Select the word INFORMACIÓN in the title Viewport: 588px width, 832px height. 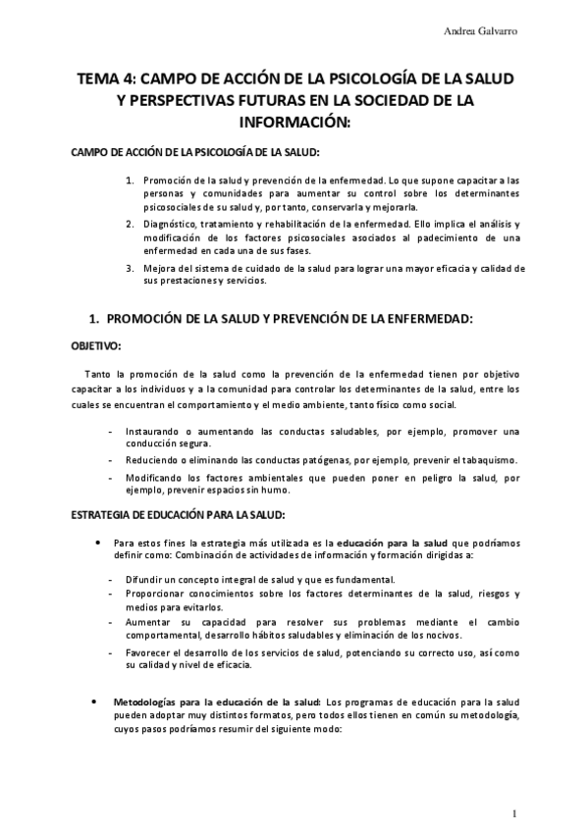(294, 124)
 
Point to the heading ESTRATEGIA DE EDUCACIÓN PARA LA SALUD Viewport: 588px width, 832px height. (179, 514)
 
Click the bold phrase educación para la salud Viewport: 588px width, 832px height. (393, 541)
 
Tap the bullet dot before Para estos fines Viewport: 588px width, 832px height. (93, 541)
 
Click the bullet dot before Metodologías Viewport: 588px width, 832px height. (93, 702)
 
